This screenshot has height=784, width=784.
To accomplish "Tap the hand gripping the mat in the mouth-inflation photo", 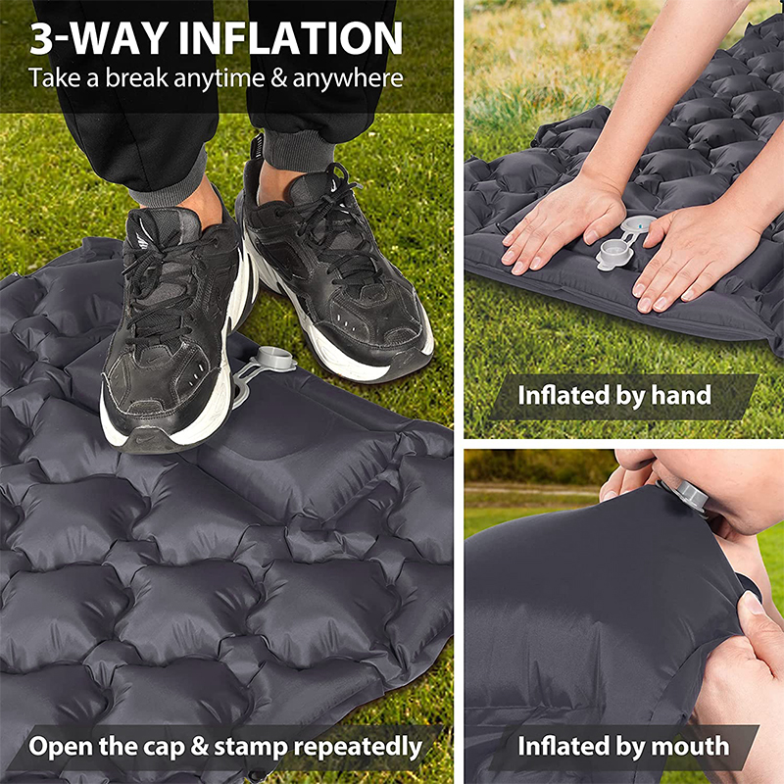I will tap(750, 637).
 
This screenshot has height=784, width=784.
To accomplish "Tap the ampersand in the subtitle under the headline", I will tap(273, 78).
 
